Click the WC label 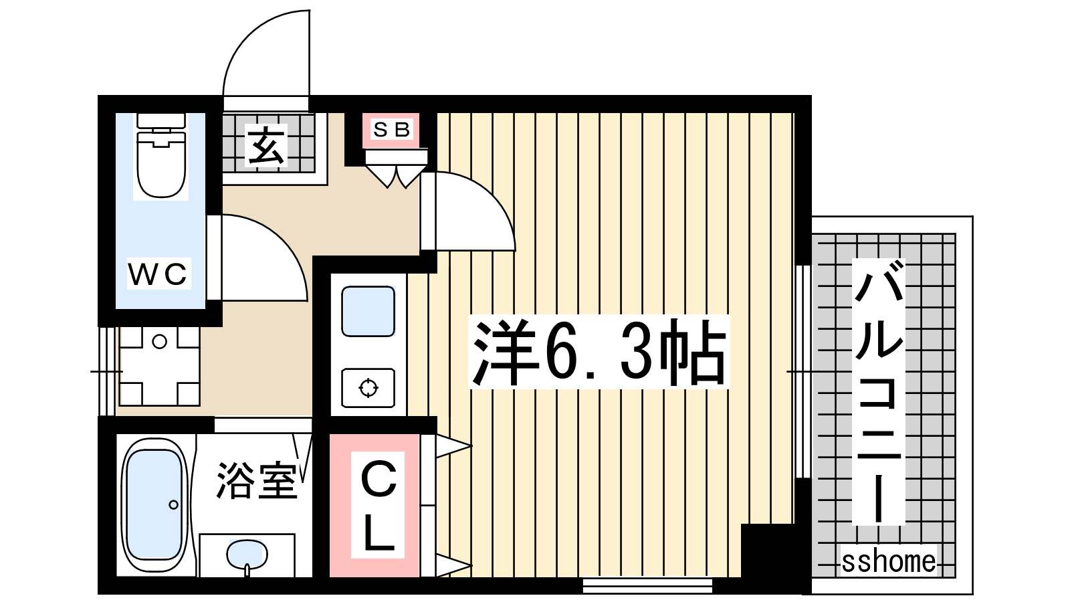pos(158,274)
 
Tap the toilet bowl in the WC pos(161,164)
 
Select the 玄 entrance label pos(266,145)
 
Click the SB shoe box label pos(391,130)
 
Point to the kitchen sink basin pos(368,311)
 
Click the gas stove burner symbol pos(368,388)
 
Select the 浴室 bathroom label pos(257,480)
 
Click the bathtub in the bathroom pos(154,504)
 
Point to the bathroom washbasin pos(247,555)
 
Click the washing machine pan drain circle pos(159,342)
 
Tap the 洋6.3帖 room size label pos(599,352)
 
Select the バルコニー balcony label pos(879,391)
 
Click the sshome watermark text pos(889,561)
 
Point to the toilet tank pos(161,120)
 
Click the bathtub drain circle pos(173,504)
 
